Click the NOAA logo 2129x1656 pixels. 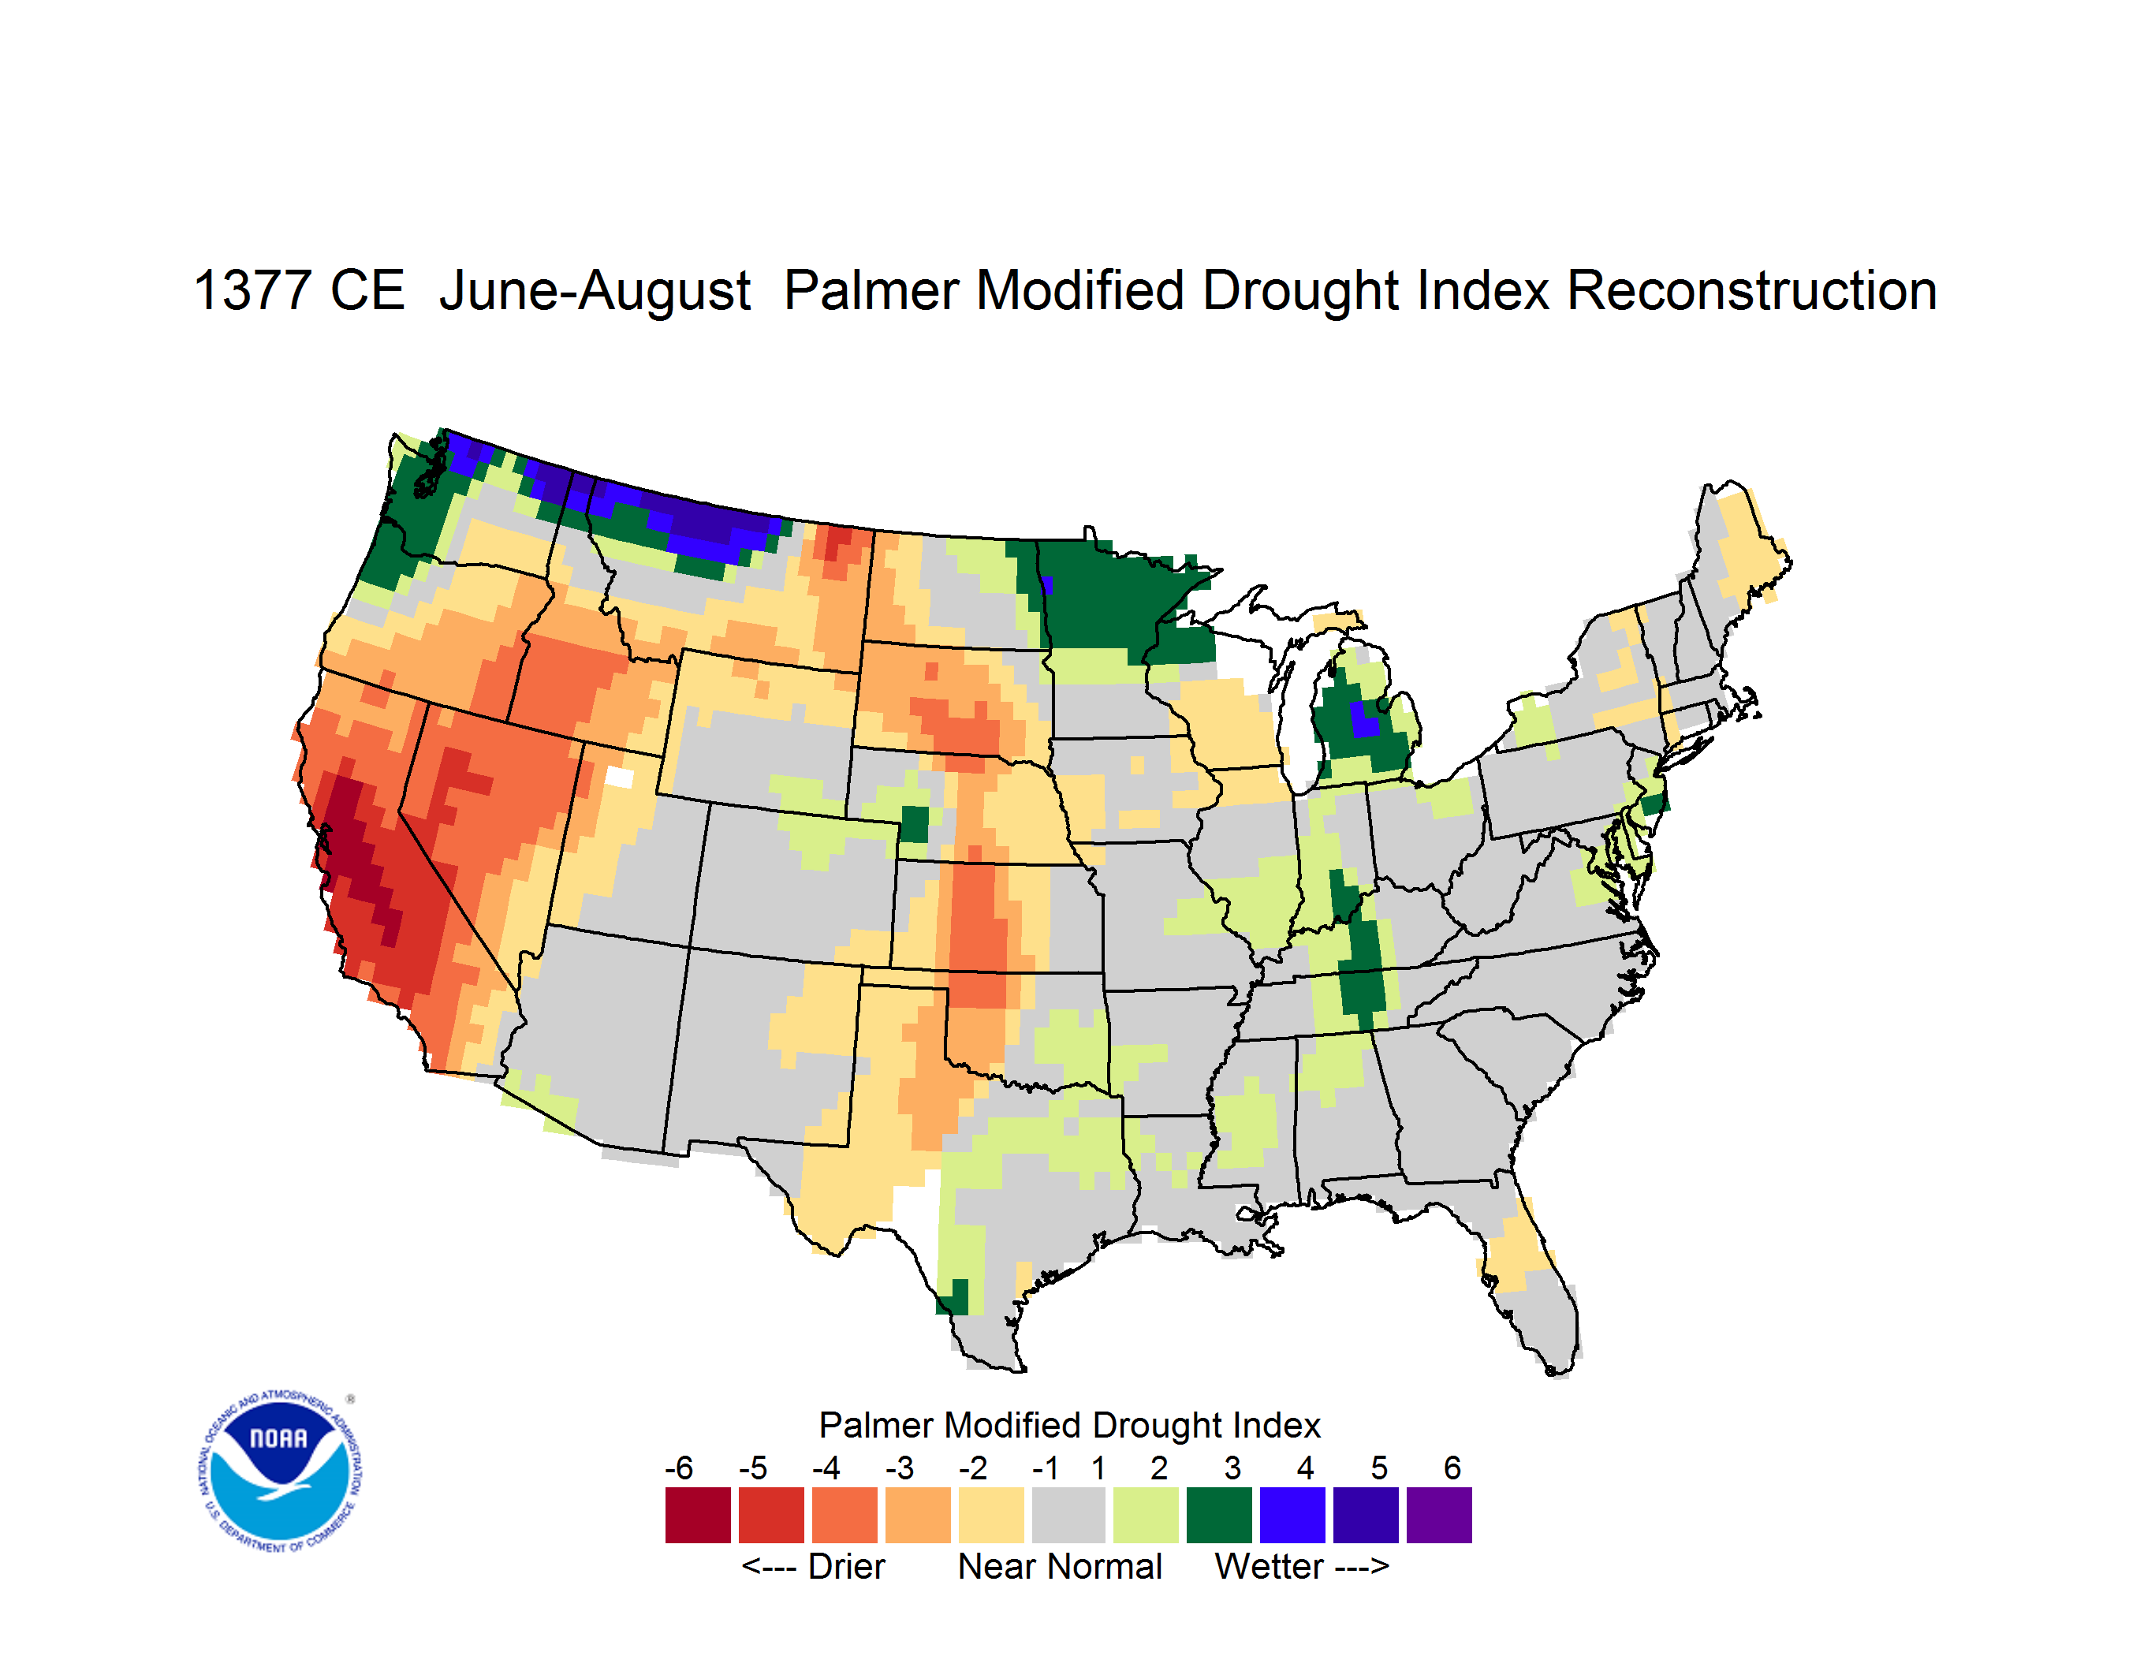280,1471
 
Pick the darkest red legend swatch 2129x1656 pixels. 698,1515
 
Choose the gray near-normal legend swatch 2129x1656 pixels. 1068,1515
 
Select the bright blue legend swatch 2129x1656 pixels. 1292,1515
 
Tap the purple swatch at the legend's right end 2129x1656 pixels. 1439,1515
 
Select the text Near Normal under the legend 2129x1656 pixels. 1060,1566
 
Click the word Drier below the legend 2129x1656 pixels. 846,1566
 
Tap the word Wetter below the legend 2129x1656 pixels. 1270,1566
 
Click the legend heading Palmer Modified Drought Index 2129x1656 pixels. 1069,1426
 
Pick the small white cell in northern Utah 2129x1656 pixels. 619,777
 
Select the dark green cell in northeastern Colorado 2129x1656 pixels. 915,825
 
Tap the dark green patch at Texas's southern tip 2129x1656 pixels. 954,1297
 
